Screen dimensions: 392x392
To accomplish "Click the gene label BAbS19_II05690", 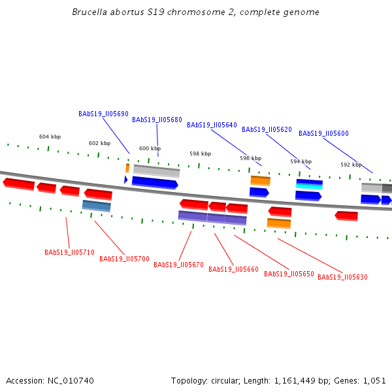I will click(x=103, y=114).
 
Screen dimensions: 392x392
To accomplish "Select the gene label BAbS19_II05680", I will click(x=157, y=120).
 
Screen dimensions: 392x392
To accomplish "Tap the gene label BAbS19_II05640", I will click(x=212, y=125).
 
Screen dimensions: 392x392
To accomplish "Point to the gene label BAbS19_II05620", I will click(x=267, y=129).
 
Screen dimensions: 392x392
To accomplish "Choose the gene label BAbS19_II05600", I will click(x=323, y=133).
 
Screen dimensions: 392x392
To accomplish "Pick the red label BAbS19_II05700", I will click(x=124, y=259).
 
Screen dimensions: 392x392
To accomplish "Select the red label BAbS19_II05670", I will click(x=178, y=265).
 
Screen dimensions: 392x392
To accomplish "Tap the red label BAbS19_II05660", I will click(x=233, y=269).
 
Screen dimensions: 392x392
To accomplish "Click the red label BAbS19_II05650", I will click(x=289, y=274).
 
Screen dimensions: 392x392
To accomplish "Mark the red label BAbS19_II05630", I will click(x=342, y=277).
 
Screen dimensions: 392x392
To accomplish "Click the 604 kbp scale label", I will click(x=50, y=137).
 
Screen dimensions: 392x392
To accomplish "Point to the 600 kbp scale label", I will click(x=150, y=148).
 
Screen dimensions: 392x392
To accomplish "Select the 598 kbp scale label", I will click(x=201, y=154).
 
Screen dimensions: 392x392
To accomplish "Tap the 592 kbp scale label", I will click(x=351, y=165).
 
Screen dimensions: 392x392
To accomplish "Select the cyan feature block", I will click(x=309, y=186).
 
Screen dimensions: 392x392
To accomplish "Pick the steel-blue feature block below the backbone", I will click(x=96, y=206).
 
